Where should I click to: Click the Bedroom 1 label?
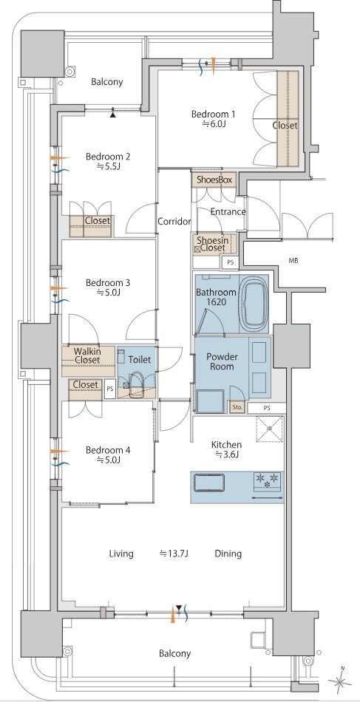(x=213, y=115)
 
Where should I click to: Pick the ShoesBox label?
(x=214, y=180)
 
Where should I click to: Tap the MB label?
(x=293, y=260)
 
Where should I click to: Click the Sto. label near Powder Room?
(x=237, y=407)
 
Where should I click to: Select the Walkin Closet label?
(x=87, y=355)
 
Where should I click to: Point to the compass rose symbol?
(x=340, y=681)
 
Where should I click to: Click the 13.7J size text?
(x=174, y=553)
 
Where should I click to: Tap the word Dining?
(x=228, y=553)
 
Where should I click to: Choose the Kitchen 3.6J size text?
(x=226, y=455)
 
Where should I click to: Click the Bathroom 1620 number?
(x=215, y=302)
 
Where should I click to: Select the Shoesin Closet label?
(x=212, y=245)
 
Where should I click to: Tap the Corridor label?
(x=174, y=221)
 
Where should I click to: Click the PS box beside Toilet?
(x=109, y=389)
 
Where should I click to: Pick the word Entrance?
(x=228, y=212)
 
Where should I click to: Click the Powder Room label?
(x=222, y=362)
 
